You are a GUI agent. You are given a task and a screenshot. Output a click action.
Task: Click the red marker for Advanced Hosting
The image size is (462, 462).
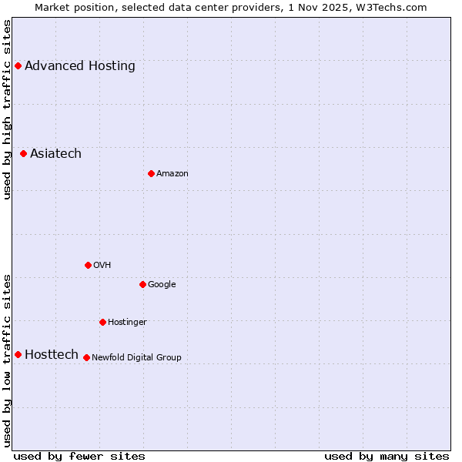pos(18,66)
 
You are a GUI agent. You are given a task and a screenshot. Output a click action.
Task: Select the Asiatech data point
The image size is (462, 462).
pos(24,154)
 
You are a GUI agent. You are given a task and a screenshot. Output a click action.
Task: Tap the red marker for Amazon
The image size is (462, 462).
pos(151,174)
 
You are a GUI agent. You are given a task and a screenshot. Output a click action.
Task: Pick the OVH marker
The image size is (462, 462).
pos(88,265)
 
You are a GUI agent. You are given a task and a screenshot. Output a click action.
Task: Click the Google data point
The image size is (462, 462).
pos(142,285)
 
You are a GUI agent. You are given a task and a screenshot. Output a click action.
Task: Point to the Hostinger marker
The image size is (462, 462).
pos(102,322)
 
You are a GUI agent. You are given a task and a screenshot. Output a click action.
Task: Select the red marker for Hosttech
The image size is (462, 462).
pos(18,354)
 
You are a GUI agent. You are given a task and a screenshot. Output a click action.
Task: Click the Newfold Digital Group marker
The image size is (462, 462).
pos(86,357)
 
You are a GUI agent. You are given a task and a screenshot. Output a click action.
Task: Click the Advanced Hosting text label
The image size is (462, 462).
pos(80,66)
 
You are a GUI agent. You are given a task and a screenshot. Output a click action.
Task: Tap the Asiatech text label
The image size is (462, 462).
pos(55,154)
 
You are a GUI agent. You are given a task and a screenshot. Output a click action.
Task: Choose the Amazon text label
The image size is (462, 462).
pos(172,174)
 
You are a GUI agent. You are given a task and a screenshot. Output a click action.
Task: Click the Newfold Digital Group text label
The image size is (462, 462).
pos(136,357)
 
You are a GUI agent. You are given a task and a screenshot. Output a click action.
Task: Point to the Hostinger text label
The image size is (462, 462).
pos(127,322)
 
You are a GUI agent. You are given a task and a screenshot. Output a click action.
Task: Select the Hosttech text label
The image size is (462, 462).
pos(52,354)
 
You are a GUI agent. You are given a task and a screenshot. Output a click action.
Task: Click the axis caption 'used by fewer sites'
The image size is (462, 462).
pos(79,456)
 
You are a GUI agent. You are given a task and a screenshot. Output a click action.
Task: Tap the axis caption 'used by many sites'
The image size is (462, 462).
pos(387,456)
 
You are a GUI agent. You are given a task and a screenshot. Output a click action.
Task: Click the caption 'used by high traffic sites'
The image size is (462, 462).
pos(8,109)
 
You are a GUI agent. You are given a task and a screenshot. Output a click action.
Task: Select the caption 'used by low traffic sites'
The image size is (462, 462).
pos(8,360)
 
